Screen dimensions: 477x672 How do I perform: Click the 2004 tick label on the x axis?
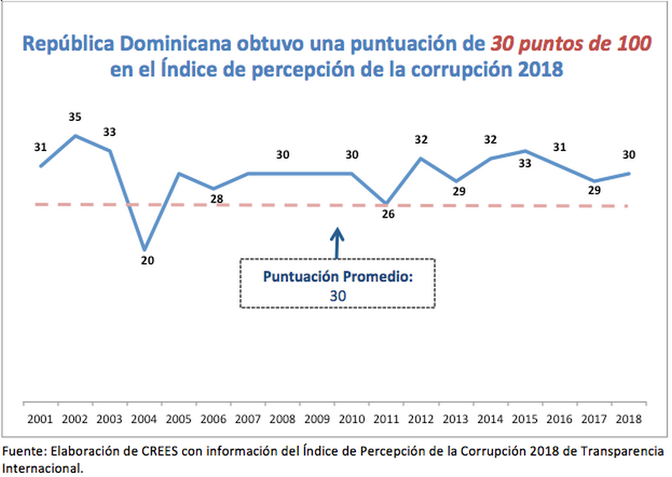(x=144, y=417)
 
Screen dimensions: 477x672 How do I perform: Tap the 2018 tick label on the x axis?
(x=630, y=417)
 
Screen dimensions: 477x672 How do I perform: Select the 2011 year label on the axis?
(x=387, y=417)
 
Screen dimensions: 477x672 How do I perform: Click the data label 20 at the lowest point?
(x=147, y=260)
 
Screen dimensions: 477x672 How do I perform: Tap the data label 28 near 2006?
(x=216, y=199)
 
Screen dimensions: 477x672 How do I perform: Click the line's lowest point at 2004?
(x=145, y=249)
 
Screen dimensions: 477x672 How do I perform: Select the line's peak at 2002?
(x=76, y=134)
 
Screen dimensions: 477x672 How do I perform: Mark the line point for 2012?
(x=421, y=158)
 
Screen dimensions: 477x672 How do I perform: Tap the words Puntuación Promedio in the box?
(x=337, y=277)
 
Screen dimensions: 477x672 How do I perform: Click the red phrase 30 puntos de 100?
(x=570, y=43)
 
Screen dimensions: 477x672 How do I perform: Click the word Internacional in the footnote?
(x=42, y=466)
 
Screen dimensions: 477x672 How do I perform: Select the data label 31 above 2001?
(x=40, y=147)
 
